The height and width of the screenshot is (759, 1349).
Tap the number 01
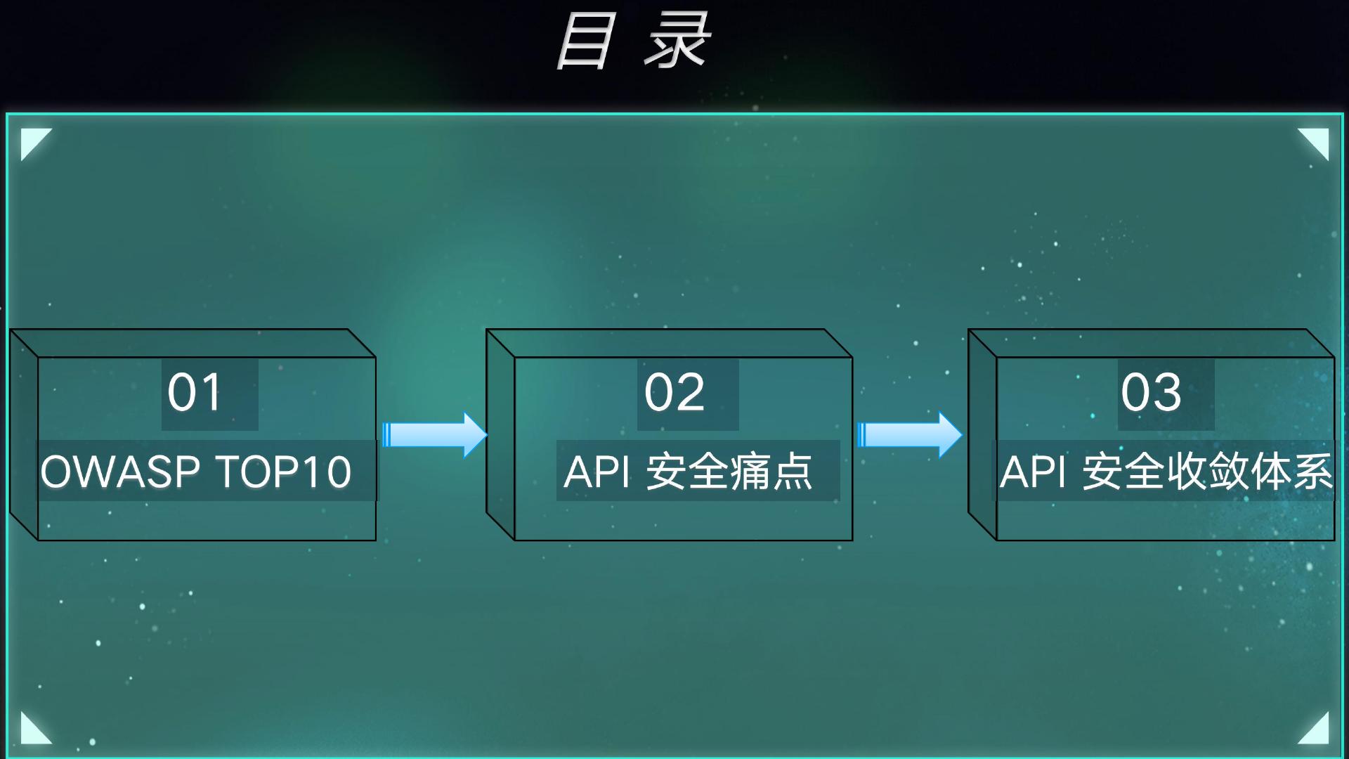[195, 392]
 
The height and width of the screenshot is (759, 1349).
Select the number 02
[674, 392]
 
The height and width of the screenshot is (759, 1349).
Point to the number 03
[1151, 392]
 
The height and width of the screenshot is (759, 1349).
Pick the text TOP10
[283, 472]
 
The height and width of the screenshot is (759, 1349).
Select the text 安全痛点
[729, 472]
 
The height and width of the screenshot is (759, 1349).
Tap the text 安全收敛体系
[1207, 472]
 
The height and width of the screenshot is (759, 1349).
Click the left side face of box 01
[24, 434]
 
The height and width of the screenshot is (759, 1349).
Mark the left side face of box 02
[500, 434]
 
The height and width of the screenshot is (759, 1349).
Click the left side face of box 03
[982, 434]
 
